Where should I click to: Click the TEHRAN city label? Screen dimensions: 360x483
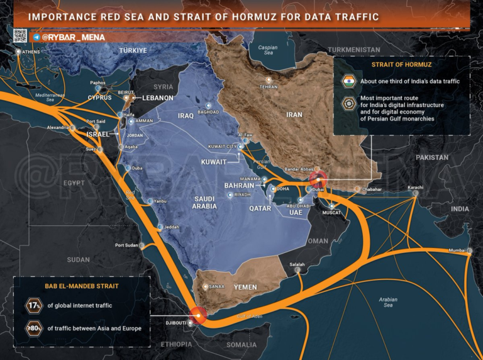(x=269, y=86)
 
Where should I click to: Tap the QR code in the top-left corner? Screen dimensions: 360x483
(x=20, y=36)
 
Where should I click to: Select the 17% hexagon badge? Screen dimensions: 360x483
(x=33, y=306)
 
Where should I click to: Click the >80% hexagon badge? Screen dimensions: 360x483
(x=33, y=327)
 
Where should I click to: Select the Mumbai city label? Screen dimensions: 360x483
(x=457, y=250)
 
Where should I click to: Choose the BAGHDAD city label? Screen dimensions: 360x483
(x=208, y=112)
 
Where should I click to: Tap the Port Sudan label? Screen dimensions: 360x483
(x=127, y=245)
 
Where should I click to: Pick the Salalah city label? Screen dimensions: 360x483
(x=296, y=264)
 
